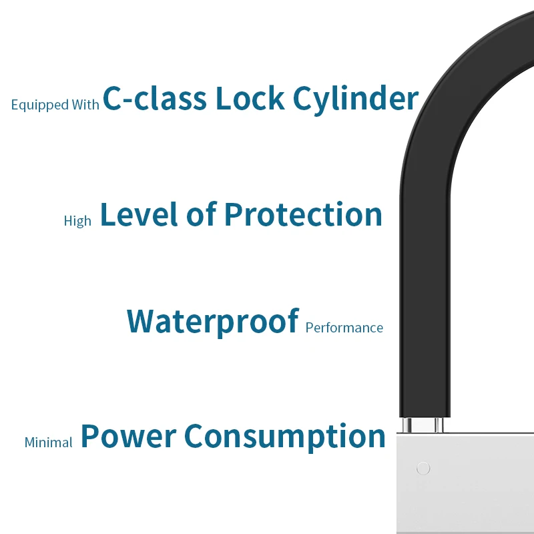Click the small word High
[x=77, y=221]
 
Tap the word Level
[x=140, y=214]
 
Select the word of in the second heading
[x=202, y=214]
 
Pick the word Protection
[x=304, y=214]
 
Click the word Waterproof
[x=212, y=322]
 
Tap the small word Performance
[x=344, y=328]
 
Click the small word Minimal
[x=48, y=443]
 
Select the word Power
[x=127, y=436]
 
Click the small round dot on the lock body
[x=423, y=469]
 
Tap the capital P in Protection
[x=233, y=214]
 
